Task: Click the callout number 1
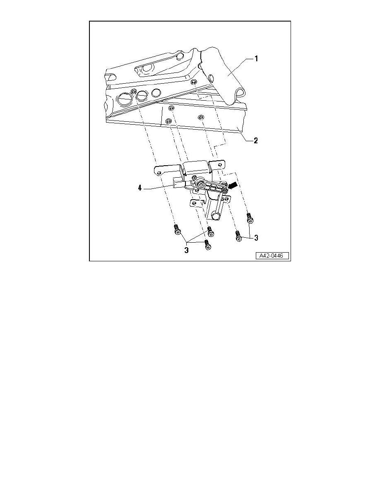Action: [x=256, y=59]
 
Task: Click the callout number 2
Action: [x=256, y=140]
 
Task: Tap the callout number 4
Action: [x=139, y=188]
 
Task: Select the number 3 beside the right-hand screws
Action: [x=256, y=238]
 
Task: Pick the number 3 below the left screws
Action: [x=187, y=251]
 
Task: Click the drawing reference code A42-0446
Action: [x=272, y=256]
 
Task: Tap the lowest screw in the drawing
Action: [x=207, y=245]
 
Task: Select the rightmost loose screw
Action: [x=250, y=218]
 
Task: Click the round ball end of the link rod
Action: [x=215, y=216]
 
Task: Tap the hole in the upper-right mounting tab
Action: [x=220, y=164]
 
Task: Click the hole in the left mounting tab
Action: [x=160, y=173]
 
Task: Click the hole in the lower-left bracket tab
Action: [x=195, y=203]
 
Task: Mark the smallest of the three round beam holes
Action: [x=156, y=93]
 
